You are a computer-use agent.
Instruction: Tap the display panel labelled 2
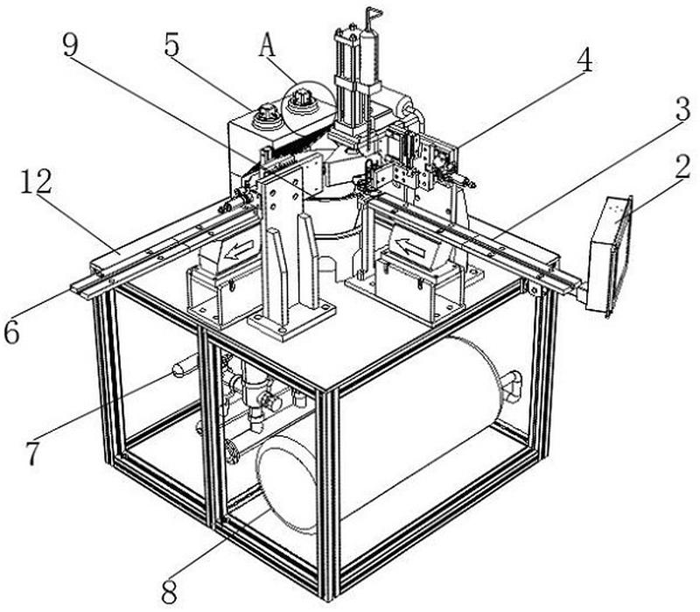[613, 254]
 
